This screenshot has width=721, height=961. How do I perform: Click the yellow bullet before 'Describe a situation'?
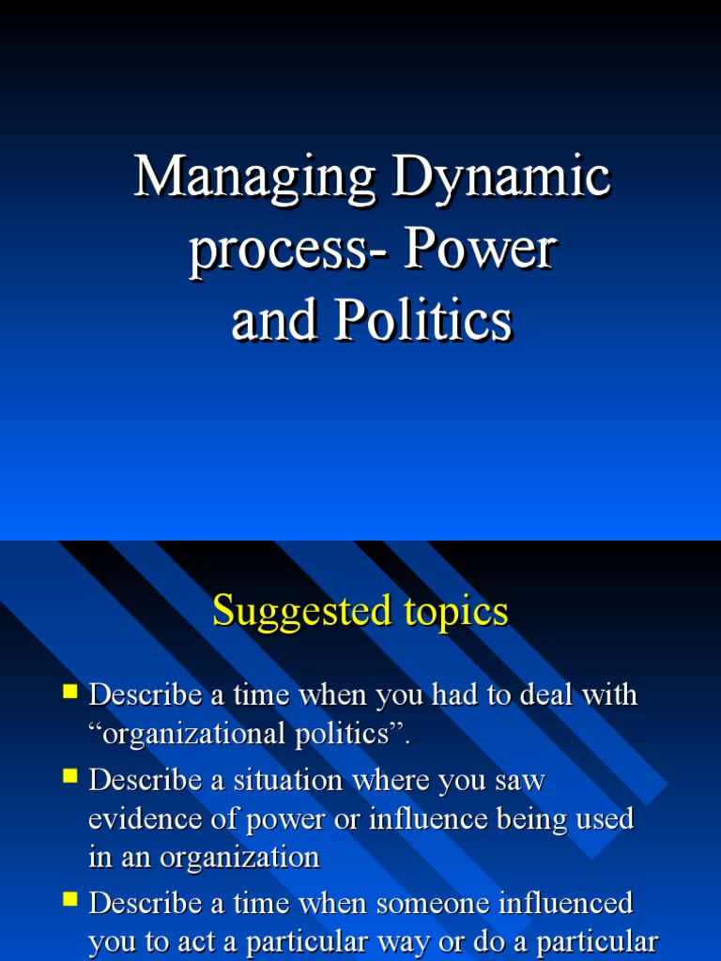(69, 776)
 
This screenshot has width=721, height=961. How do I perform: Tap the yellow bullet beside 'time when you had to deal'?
(69, 693)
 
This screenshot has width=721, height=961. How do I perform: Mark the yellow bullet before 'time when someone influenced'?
(69, 900)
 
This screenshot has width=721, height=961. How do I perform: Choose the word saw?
(522, 780)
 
